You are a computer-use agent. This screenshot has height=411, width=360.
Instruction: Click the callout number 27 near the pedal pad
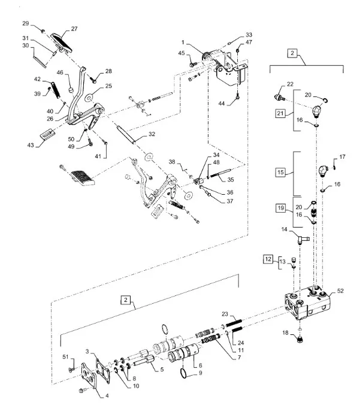pyautogui.click(x=74, y=29)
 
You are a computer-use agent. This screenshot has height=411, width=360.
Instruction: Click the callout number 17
pyautogui.click(x=343, y=157)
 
